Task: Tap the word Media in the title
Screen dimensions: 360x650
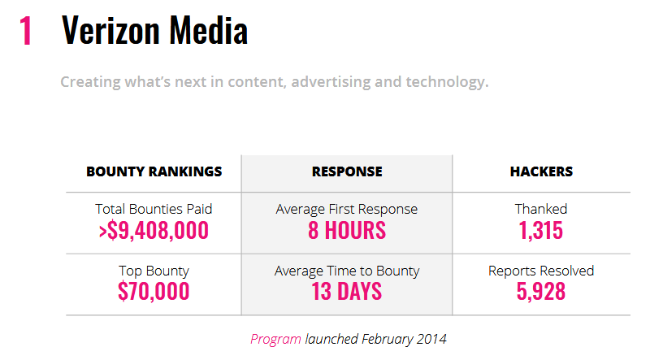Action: click(x=207, y=31)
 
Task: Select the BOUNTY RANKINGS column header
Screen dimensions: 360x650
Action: click(x=154, y=171)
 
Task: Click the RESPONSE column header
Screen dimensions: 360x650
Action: click(x=347, y=171)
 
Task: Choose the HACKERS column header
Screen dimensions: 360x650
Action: click(x=541, y=171)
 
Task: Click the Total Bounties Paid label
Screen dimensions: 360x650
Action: click(x=154, y=209)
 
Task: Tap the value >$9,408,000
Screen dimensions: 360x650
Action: click(x=154, y=230)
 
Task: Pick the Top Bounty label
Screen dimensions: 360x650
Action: click(x=154, y=271)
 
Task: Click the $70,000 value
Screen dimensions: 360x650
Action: click(x=154, y=292)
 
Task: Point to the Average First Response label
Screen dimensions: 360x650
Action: click(x=347, y=209)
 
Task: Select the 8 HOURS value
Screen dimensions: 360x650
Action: click(x=347, y=230)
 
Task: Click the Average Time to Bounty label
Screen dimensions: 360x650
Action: click(x=347, y=271)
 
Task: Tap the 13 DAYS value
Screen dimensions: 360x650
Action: click(x=347, y=292)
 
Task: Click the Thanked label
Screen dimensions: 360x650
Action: click(x=541, y=209)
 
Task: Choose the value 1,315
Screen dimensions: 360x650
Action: click(x=541, y=230)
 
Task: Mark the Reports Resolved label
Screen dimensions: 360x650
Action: click(x=541, y=271)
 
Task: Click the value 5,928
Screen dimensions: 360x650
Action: click(x=541, y=292)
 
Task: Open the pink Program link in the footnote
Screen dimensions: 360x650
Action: click(x=275, y=339)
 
